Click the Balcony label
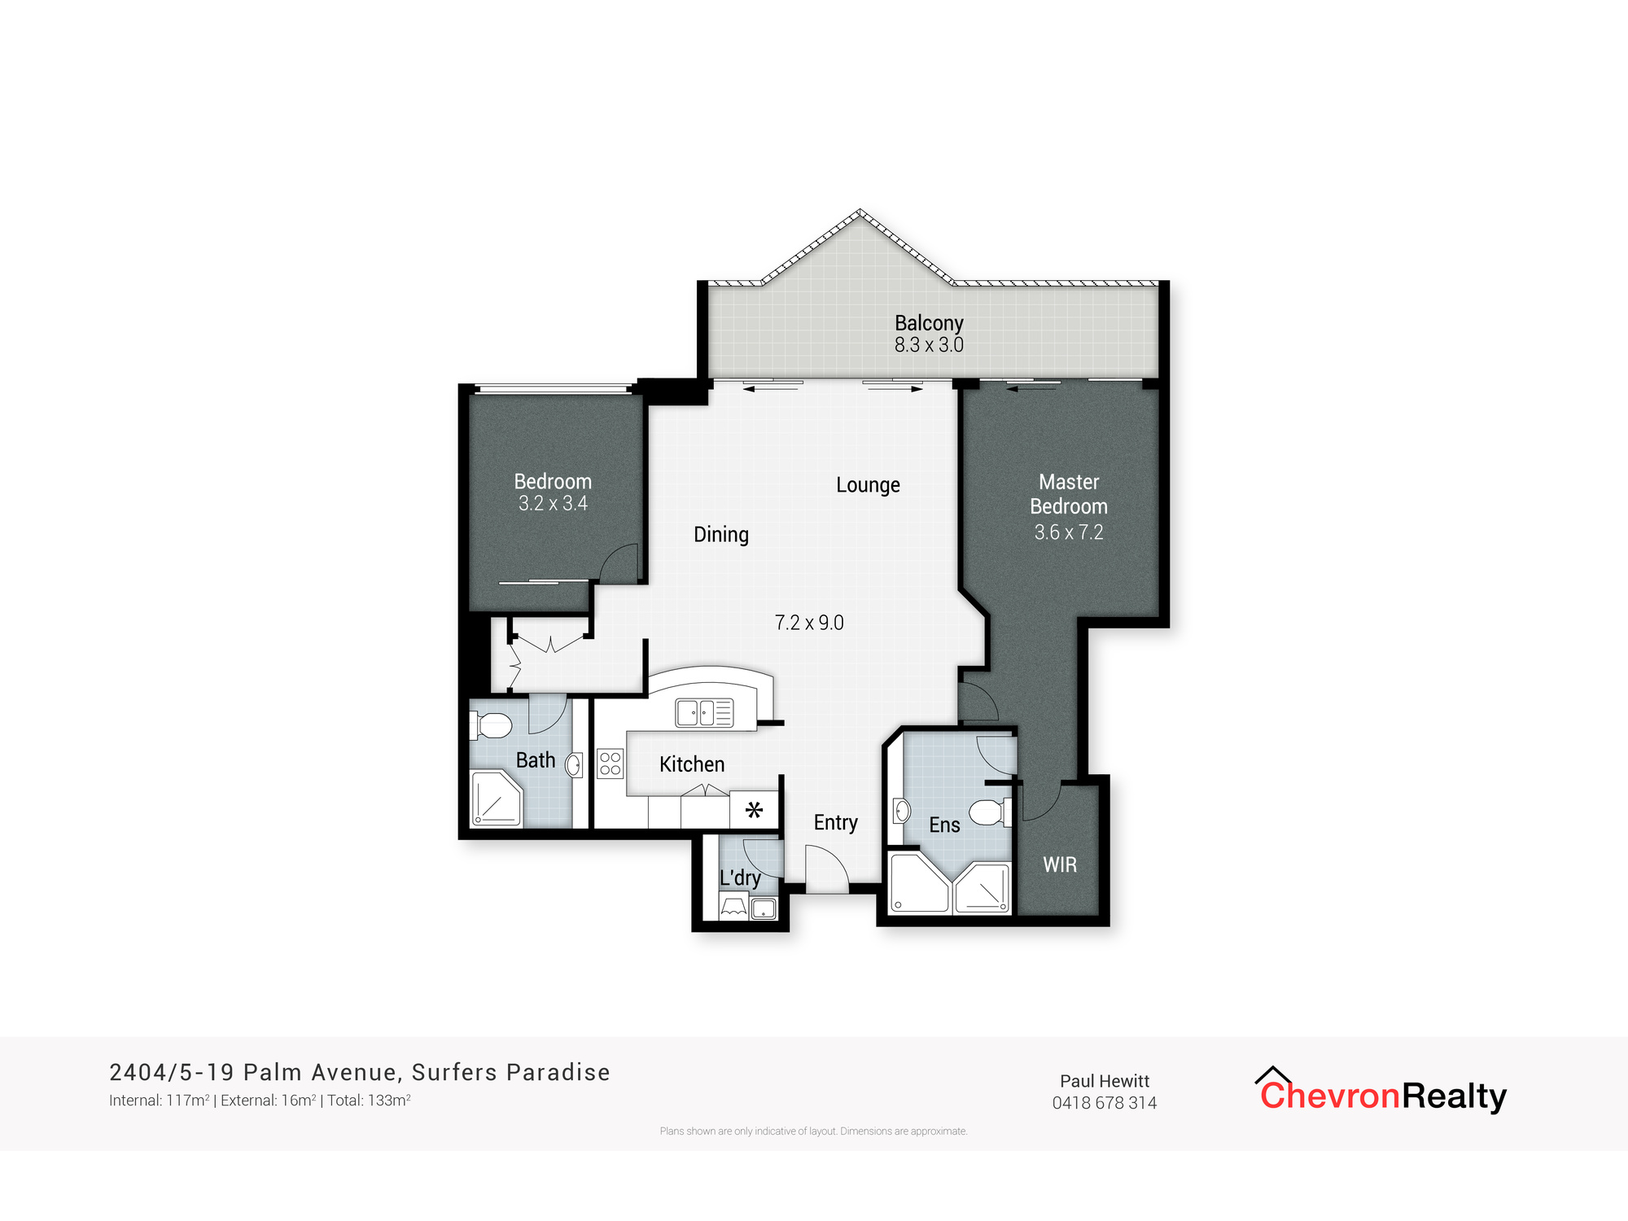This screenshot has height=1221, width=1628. [x=929, y=323]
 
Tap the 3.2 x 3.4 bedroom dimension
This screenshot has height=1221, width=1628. [x=553, y=504]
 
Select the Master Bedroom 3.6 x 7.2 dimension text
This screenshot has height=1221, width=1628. [x=1068, y=532]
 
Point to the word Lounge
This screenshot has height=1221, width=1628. [x=868, y=485]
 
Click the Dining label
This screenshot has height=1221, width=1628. [x=720, y=535]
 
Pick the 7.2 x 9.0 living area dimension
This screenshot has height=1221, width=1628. [x=808, y=623]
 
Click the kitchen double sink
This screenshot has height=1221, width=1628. [x=704, y=713]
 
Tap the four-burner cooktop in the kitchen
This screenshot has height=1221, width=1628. [x=610, y=764]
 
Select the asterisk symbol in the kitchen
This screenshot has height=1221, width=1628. [x=754, y=810]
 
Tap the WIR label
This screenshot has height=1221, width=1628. [x=1060, y=865]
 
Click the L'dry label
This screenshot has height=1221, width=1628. [x=740, y=877]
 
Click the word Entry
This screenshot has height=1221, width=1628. [x=835, y=822]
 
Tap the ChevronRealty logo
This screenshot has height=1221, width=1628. [x=1382, y=1093]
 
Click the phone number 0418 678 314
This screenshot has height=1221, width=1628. [x=1104, y=1103]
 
